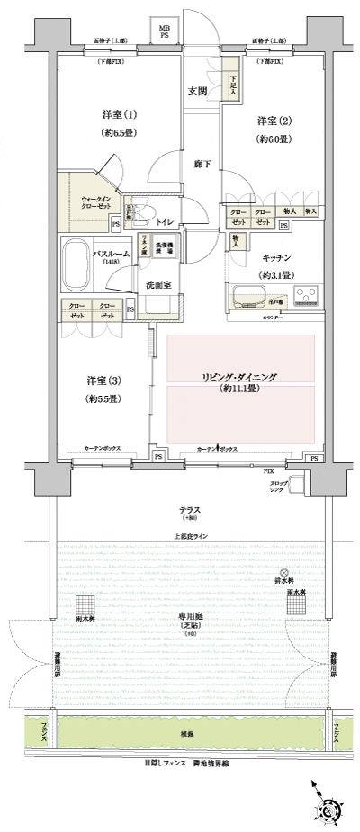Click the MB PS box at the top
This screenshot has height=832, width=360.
(164, 33)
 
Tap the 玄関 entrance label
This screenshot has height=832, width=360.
(198, 91)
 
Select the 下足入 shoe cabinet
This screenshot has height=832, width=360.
(233, 86)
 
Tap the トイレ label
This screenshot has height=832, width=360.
(164, 220)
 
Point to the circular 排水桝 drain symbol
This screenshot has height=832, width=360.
(283, 573)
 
